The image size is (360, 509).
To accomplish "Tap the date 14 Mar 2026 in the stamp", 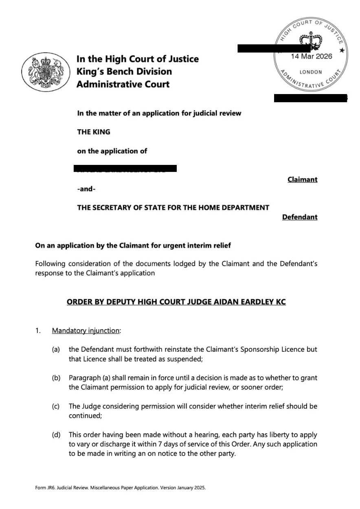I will pyautogui.click(x=312, y=57).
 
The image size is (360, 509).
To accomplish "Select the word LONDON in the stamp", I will pyautogui.click(x=311, y=72).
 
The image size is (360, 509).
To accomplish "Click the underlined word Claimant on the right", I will pyautogui.click(x=302, y=180).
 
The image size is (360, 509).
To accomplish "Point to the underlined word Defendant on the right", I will pyautogui.click(x=299, y=217).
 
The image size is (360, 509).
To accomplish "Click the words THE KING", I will pyautogui.click(x=94, y=132).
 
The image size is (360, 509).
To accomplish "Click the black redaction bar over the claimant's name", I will pyautogui.click(x=125, y=168).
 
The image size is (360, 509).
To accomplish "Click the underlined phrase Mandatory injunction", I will pyautogui.click(x=86, y=331).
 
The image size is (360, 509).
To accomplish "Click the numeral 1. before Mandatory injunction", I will pyautogui.click(x=38, y=331).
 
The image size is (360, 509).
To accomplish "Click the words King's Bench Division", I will pyautogui.click(x=124, y=72).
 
